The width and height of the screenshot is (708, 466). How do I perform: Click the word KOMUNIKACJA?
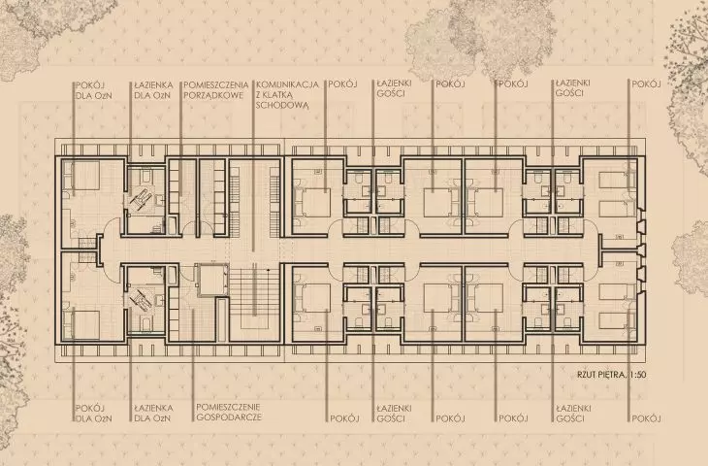coord(287,84)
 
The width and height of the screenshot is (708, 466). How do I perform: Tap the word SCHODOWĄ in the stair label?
coord(282,105)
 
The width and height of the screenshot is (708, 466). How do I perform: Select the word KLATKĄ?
coord(279,95)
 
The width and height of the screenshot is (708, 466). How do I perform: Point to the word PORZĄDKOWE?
coord(213,95)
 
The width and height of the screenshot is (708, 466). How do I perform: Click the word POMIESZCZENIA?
coord(216,84)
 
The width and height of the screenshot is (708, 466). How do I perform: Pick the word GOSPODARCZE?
coord(229,416)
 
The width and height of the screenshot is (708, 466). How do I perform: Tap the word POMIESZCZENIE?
coord(228,407)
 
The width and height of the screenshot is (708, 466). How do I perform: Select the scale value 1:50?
coord(638,375)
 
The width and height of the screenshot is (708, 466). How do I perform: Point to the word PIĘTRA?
coord(613,375)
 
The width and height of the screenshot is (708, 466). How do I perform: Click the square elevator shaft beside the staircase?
coord(211,280)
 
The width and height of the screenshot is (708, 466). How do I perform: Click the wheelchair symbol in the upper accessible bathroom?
coord(141,197)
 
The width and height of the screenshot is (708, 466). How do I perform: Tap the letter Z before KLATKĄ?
coord(259,95)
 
